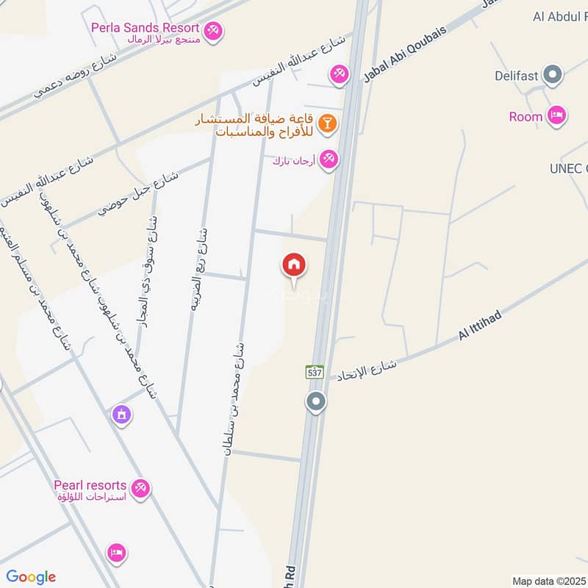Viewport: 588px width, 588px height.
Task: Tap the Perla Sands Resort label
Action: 146,28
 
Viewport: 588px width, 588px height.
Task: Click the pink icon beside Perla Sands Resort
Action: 214,30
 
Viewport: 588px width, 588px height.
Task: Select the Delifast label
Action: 517,75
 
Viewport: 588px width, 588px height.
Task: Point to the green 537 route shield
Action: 315,373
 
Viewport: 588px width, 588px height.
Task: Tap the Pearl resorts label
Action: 90,486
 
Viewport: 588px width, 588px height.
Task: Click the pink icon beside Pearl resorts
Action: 140,487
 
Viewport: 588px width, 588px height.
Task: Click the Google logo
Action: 31,578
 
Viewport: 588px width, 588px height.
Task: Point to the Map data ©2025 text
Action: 548,581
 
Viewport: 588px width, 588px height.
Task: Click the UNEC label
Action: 568,168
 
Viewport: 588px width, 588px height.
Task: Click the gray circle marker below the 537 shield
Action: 316,402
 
